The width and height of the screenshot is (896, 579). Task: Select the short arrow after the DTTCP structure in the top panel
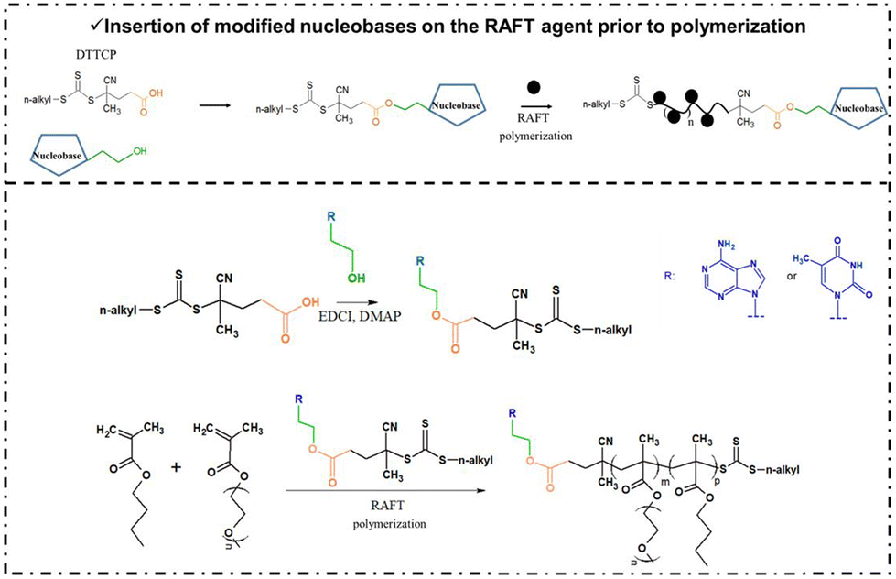pyautogui.click(x=213, y=105)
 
